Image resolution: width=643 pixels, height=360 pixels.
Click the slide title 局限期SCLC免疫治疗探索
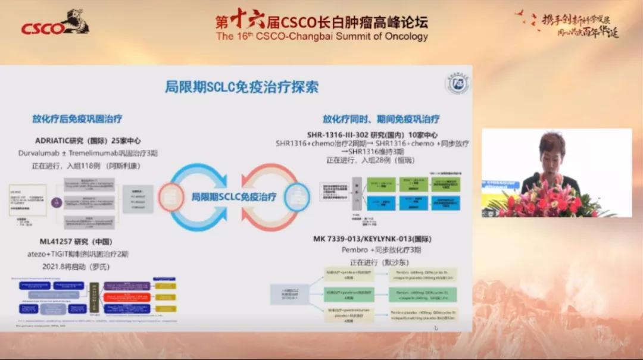coord(241,87)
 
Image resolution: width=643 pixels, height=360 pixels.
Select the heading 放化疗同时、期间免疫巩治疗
coord(381,119)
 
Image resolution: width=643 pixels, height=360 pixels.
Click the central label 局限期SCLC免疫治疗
coord(233,196)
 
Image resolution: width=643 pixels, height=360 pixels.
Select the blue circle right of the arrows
coord(296,198)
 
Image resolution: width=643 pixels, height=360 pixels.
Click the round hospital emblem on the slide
coord(457,84)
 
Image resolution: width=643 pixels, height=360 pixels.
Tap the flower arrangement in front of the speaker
coord(545,202)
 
